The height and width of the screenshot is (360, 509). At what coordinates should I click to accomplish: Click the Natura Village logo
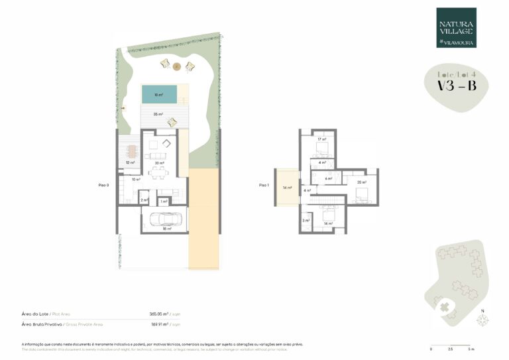click(x=456, y=28)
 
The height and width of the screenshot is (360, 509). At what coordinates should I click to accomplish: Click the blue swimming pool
click(x=158, y=95)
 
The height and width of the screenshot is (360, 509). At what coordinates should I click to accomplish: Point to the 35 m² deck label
click(x=158, y=114)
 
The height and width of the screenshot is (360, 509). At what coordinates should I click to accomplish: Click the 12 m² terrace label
click(x=131, y=162)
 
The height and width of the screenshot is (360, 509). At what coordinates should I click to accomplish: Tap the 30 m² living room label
click(x=159, y=163)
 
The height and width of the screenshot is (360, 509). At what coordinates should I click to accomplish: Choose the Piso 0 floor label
click(x=104, y=186)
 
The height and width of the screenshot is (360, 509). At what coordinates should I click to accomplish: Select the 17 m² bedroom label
click(x=321, y=140)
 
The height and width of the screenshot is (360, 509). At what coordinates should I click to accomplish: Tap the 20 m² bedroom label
click(x=361, y=182)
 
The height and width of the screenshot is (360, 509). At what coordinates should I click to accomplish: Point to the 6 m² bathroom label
click(x=328, y=179)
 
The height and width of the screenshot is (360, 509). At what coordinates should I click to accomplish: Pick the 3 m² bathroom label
click(x=306, y=220)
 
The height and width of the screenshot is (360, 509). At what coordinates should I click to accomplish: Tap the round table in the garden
click(x=177, y=66)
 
